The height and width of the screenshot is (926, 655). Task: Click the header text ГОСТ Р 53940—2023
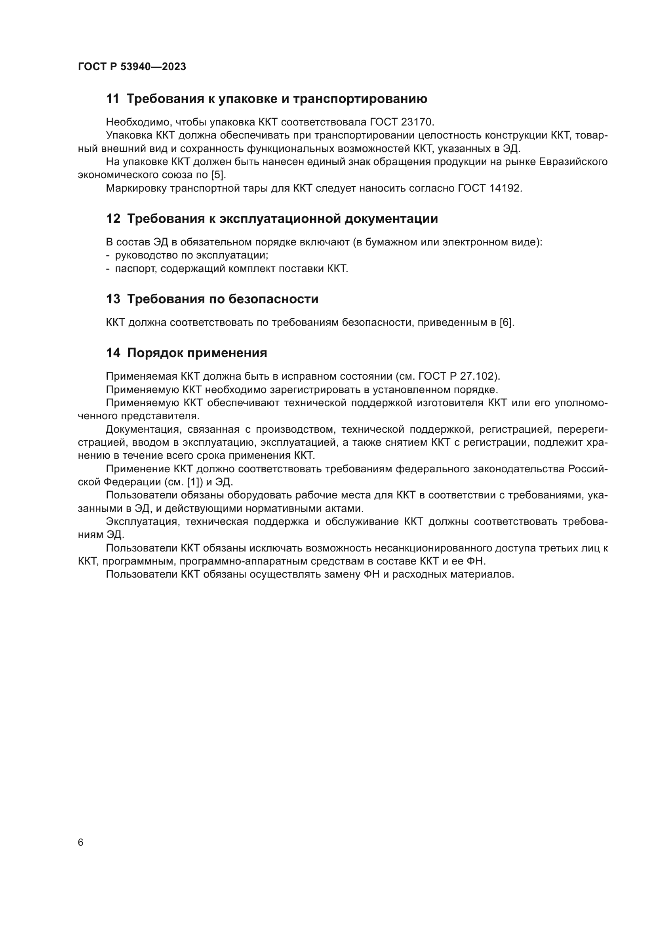[132, 67]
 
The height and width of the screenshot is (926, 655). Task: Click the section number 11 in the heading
[112, 99]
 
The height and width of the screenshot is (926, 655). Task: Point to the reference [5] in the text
[218, 175]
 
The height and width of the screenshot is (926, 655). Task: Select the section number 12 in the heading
[113, 219]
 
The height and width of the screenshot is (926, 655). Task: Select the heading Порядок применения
[197, 353]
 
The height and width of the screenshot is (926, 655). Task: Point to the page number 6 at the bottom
[81, 842]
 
